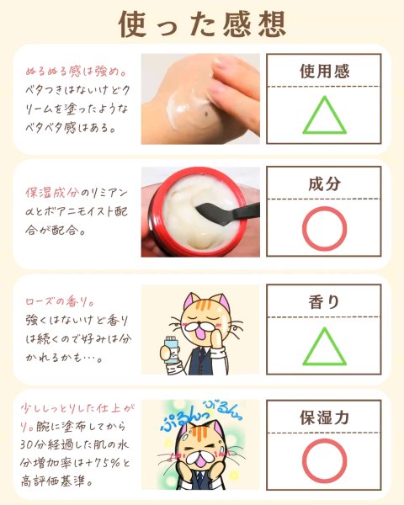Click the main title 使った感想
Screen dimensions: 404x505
tap(202, 24)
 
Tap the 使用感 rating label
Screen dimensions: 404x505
tap(324, 72)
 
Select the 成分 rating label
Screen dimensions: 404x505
tap(324, 183)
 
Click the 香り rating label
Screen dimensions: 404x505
tap(324, 302)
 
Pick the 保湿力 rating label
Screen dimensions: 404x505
tap(324, 417)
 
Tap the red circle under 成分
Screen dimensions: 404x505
tap(324, 209)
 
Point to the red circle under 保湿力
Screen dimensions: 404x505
tap(324, 440)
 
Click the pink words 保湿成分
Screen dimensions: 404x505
tap(52, 193)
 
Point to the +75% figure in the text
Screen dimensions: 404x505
tap(104, 463)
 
